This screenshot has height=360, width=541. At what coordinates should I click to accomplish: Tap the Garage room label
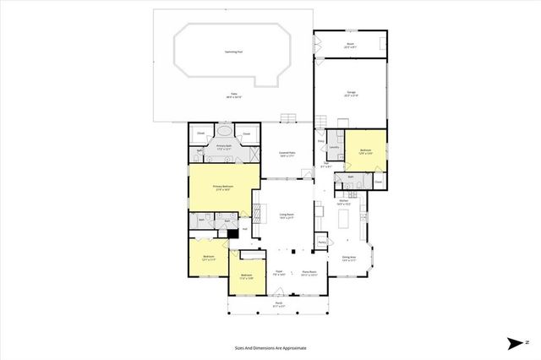tap(350, 95)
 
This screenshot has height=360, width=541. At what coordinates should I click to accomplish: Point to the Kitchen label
tap(343, 202)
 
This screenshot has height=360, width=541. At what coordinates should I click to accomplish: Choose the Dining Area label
tap(348, 258)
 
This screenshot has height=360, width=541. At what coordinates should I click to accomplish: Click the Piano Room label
tap(309, 271)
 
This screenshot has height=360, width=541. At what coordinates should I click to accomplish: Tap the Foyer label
tap(277, 271)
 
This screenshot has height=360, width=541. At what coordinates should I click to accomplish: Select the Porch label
tap(278, 305)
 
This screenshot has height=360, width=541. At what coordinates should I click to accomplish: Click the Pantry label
tap(322, 243)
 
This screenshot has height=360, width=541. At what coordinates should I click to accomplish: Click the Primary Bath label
tap(223, 148)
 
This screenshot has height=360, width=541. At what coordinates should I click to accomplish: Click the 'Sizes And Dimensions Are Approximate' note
tap(270, 347)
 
